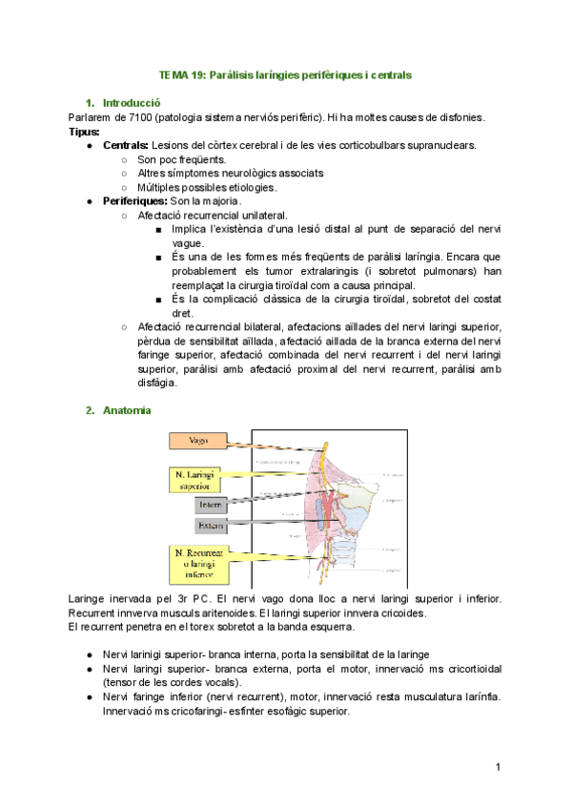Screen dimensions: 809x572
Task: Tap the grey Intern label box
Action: (x=211, y=506)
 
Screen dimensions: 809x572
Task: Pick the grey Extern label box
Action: (x=211, y=526)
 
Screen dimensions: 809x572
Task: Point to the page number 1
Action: (x=498, y=768)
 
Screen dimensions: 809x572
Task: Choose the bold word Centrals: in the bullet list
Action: (x=126, y=145)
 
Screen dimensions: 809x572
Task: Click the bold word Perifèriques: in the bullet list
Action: (x=134, y=201)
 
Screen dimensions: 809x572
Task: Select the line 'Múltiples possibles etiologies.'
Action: (x=207, y=187)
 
